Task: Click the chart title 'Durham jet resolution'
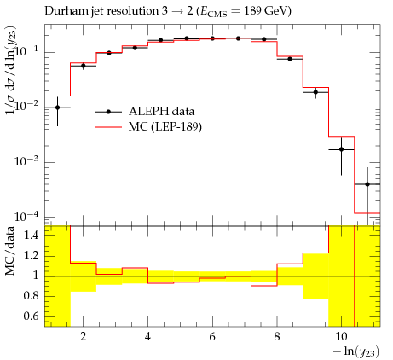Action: (101, 11)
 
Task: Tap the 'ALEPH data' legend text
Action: (161, 111)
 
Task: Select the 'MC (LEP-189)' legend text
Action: (165, 126)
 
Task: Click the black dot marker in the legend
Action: (108, 112)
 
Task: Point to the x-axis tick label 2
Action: (83, 337)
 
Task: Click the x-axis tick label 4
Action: (147, 337)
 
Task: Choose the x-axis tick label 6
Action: (212, 337)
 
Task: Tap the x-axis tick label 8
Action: (277, 337)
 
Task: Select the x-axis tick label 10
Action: (341, 337)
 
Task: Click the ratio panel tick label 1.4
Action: (31, 235)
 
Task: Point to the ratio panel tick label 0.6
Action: (31, 316)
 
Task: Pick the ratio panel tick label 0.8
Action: (31, 296)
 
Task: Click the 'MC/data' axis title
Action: (9, 251)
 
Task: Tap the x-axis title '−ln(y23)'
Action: (356, 351)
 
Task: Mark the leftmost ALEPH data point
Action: (57, 107)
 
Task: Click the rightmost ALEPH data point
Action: (367, 184)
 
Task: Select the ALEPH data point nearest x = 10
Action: (341, 149)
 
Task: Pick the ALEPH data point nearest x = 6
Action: (212, 38)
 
